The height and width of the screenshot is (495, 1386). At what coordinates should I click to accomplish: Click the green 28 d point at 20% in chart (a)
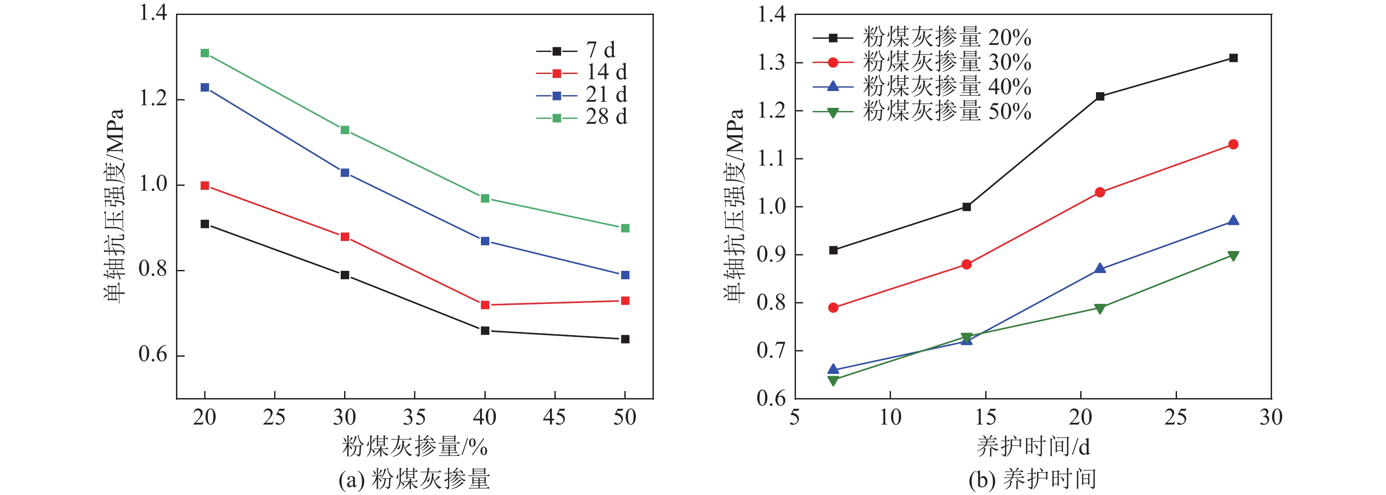(x=205, y=53)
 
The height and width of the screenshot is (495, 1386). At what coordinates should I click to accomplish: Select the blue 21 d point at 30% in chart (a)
(x=345, y=173)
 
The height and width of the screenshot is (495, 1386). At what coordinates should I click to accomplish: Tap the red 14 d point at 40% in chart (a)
(x=485, y=305)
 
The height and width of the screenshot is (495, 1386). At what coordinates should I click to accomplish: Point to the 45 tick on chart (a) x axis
(x=555, y=417)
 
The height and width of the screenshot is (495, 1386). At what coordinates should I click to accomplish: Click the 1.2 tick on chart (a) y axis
(x=154, y=99)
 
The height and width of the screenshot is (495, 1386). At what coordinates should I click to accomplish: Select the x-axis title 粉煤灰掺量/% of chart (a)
(x=415, y=447)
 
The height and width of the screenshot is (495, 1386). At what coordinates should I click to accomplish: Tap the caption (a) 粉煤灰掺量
(x=415, y=479)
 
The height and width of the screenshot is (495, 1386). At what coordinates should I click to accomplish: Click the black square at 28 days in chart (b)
(x=1233, y=58)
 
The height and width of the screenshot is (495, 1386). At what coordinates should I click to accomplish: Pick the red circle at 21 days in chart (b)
(x=1100, y=192)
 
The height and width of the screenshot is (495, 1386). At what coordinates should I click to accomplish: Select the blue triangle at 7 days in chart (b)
(x=833, y=369)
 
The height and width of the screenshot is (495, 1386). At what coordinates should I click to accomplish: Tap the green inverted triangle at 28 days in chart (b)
(x=1233, y=255)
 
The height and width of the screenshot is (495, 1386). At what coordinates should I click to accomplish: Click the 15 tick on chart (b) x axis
(x=986, y=417)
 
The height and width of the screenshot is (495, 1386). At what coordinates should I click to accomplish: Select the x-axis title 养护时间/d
(x=1033, y=447)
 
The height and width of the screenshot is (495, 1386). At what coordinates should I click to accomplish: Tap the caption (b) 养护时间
(x=1033, y=479)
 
